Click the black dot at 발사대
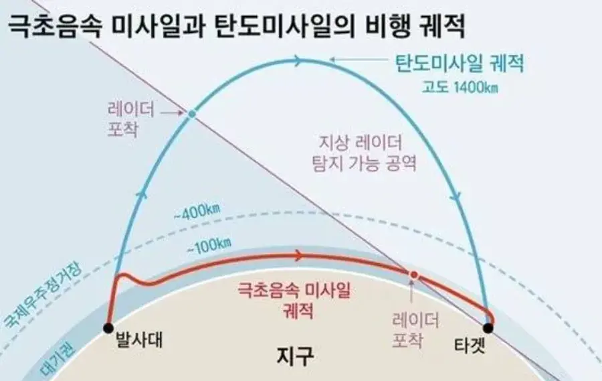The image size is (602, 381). click(x=108, y=328)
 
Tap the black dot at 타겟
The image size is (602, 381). click(x=488, y=328)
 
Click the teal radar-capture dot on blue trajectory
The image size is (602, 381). click(x=192, y=113)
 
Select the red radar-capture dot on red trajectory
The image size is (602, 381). click(x=413, y=275)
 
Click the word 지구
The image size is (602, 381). click(x=295, y=356)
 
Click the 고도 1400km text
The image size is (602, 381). click(x=460, y=87)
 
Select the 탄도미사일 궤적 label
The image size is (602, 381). click(x=460, y=64)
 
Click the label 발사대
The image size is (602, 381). click(x=139, y=341)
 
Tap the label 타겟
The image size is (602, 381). click(x=470, y=346)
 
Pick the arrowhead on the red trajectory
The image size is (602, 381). click(x=298, y=255)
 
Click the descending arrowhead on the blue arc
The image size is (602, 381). click(x=456, y=196)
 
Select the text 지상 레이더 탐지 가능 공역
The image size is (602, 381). click(x=364, y=153)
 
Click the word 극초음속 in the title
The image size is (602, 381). click(x=55, y=27)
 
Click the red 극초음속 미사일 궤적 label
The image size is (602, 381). click(x=294, y=300)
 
